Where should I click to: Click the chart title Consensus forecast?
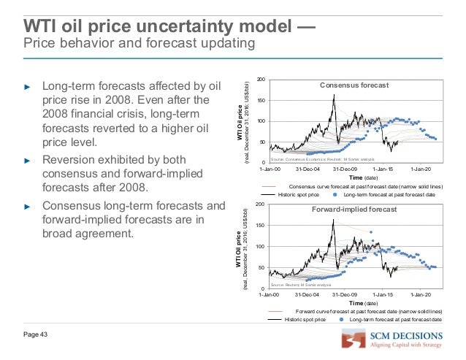coord(354,85)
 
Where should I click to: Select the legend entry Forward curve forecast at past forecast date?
coord(368,312)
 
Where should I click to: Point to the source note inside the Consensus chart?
coord(321,158)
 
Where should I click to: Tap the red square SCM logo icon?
coord(354,342)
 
